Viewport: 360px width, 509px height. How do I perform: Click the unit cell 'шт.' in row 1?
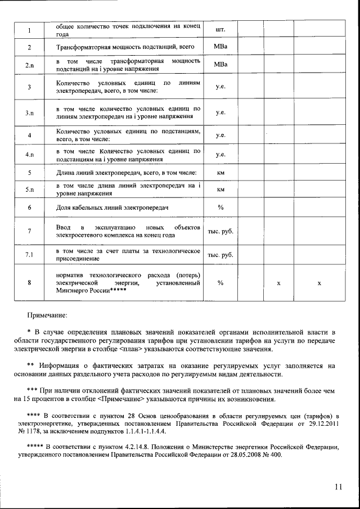click(220, 29)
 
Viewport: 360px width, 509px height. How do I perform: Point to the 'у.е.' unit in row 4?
click(220, 135)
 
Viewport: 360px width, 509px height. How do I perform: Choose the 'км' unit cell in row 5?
click(220, 172)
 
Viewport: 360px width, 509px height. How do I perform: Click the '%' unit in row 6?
click(220, 208)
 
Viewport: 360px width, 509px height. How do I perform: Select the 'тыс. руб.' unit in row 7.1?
click(220, 255)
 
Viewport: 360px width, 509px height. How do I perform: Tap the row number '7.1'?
click(29, 255)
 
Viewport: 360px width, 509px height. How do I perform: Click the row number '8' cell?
click(29, 283)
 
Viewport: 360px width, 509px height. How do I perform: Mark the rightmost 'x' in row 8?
click(319, 283)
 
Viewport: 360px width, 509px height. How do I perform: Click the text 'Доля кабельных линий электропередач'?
click(112, 208)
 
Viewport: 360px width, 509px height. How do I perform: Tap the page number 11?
click(337, 487)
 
